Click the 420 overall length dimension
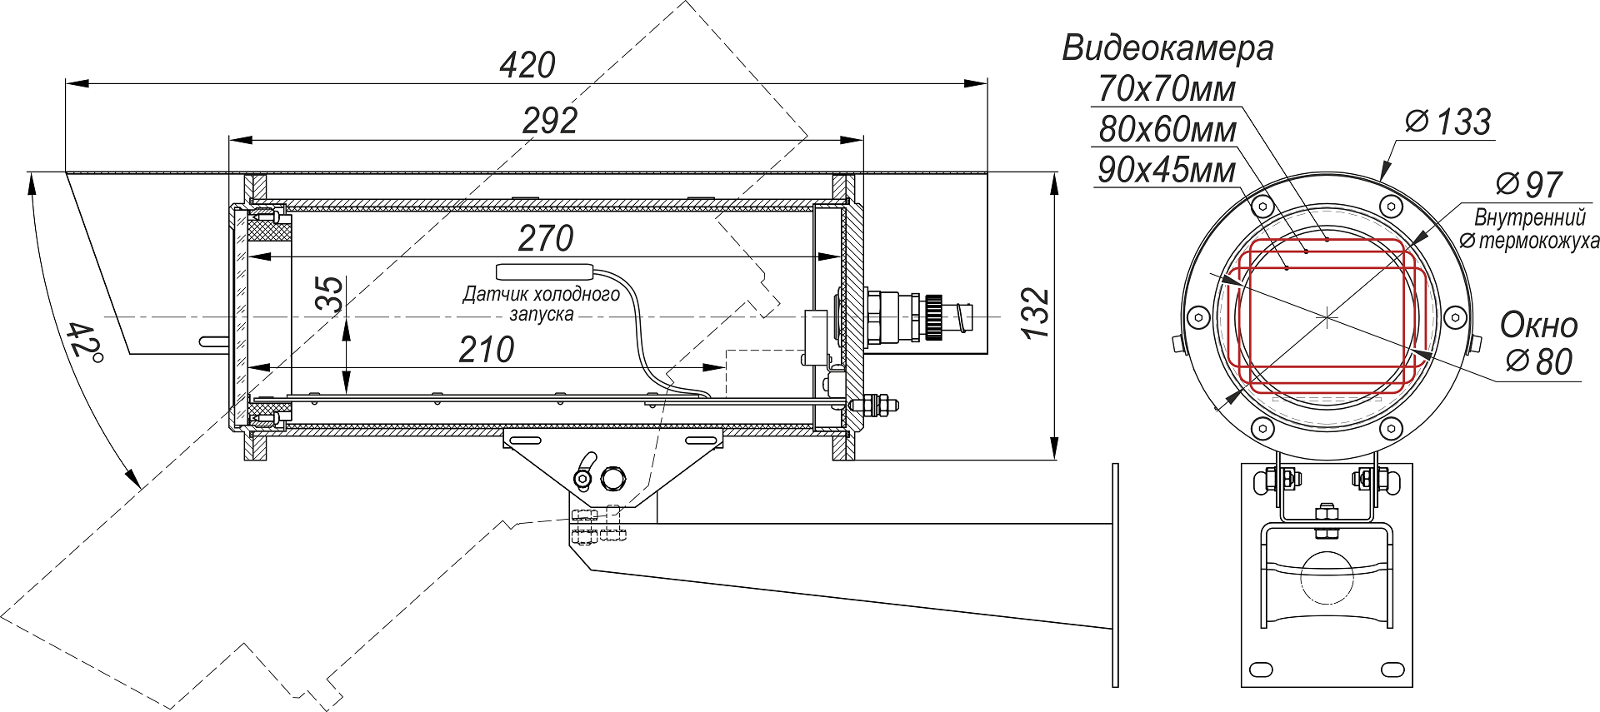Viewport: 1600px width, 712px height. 527,65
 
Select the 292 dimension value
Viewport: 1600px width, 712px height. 550,122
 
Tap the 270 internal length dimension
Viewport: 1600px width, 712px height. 545,239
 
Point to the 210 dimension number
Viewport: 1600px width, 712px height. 486,350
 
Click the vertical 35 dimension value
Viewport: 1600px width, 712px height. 332,295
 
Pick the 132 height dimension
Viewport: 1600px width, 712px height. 1036,313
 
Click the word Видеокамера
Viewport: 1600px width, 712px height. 1167,48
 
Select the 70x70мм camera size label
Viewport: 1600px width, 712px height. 1166,89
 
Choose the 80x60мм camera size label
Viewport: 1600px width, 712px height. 1167,130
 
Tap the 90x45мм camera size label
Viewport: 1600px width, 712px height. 1166,170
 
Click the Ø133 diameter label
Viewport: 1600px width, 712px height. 1448,122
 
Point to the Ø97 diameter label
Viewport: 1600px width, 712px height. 1528,185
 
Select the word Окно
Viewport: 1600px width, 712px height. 1538,326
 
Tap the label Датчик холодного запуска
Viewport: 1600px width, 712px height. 542,304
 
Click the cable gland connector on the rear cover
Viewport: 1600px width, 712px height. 908,316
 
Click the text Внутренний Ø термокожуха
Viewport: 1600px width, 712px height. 1530,229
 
